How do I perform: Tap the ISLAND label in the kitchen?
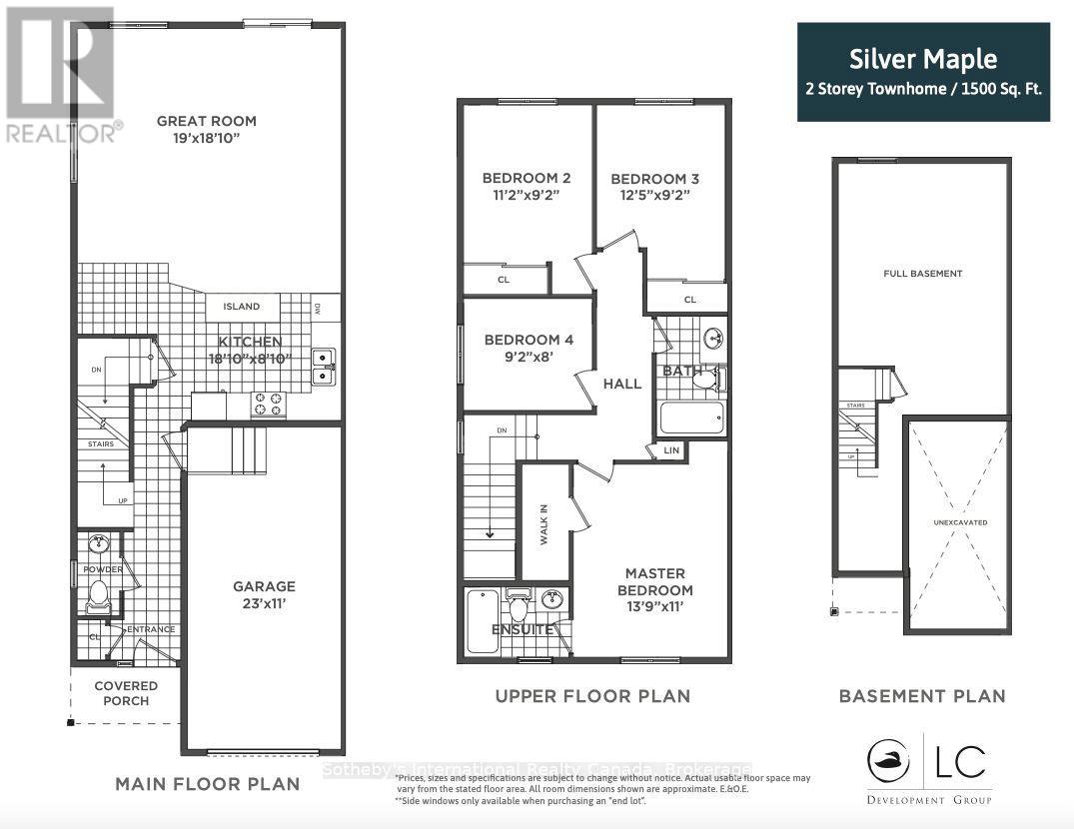coord(242,307)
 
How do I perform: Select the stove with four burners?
coord(268,404)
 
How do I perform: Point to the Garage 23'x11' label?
coord(265,595)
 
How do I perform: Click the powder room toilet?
coord(98,596)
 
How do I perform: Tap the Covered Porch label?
coord(126,693)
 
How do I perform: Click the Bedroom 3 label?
coord(654,179)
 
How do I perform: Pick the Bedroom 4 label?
coord(529,340)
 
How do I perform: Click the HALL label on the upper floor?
coord(621,384)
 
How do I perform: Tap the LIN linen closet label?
coord(671,451)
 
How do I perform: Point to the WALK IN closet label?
coord(544,523)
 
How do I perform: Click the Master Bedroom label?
coord(655,581)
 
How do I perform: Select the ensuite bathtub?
coord(482,620)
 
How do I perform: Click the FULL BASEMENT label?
coord(922,274)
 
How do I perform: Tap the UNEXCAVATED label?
coord(954,520)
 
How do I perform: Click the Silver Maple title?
coord(923,59)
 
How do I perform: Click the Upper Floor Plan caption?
coord(592,696)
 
